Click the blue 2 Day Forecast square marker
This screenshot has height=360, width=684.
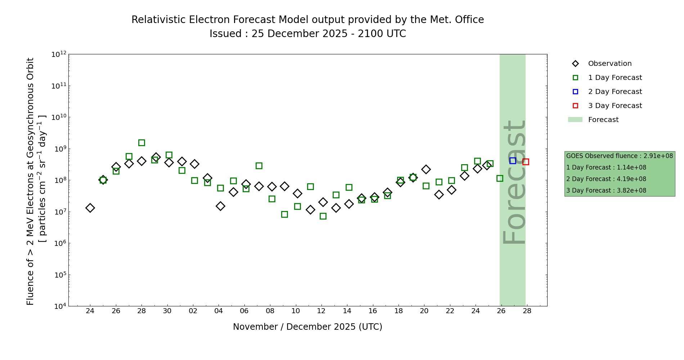coord(513,161)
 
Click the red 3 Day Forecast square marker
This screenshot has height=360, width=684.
coord(526,162)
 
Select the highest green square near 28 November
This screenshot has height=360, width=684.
coord(141,143)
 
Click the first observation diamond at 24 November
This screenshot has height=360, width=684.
coord(90,208)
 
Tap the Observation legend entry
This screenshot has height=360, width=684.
coord(609,64)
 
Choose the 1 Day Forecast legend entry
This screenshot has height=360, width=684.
coord(615,78)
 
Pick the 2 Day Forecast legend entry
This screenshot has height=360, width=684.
coord(615,92)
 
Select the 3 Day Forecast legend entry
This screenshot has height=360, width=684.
coord(615,106)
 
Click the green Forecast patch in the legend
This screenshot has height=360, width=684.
coord(575,120)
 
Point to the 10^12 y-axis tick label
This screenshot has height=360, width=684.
coord(59,54)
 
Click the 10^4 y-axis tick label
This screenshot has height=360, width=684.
coord(59,306)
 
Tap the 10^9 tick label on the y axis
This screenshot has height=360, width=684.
coord(59,149)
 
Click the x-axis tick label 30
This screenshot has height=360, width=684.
coord(167,311)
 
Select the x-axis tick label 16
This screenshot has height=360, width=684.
coord(373,311)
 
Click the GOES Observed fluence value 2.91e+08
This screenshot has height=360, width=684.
coord(658,156)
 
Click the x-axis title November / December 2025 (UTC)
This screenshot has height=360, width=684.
coord(307,327)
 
